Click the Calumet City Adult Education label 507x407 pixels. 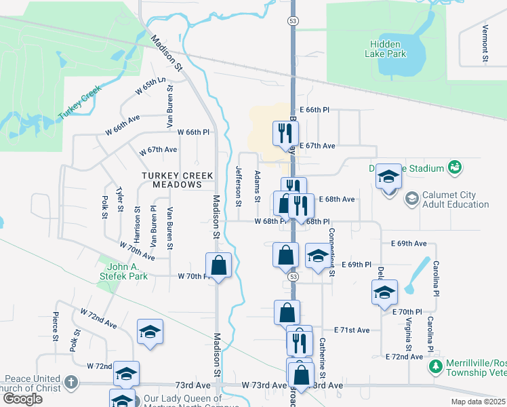click(455, 199)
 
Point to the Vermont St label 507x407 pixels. click(485, 44)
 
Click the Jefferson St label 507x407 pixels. click(238, 186)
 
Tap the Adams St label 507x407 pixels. click(257, 186)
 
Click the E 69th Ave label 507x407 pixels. click(409, 243)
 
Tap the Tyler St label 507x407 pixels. click(119, 199)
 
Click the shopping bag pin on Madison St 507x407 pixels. click(218, 265)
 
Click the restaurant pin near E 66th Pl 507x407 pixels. click(283, 132)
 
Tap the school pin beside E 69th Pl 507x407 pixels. click(317, 256)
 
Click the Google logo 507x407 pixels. click(22, 399)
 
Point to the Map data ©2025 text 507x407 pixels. click(479, 402)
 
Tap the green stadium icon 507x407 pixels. click(455, 167)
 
